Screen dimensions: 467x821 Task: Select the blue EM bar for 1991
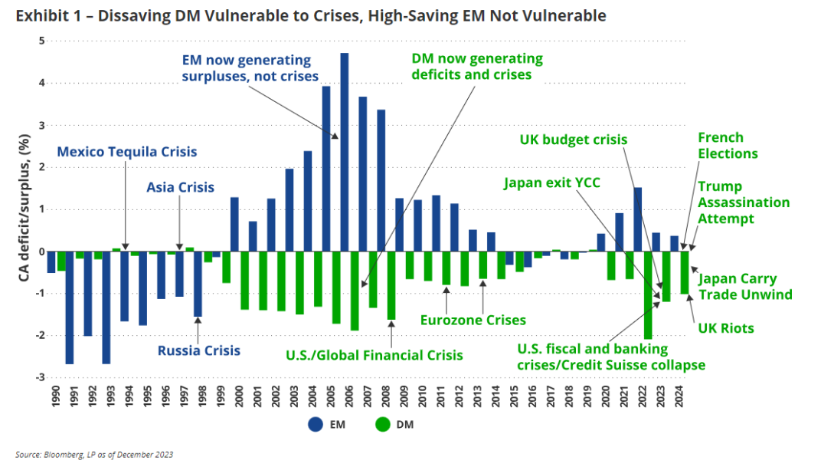point(70,307)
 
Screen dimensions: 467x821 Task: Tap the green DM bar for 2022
point(648,295)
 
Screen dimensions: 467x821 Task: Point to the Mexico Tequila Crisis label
point(126,152)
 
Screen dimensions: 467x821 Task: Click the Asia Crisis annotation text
point(181,187)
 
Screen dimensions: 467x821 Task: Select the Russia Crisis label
point(199,351)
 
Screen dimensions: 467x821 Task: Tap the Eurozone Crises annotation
point(473,320)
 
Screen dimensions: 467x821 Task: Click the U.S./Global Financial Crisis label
point(375,355)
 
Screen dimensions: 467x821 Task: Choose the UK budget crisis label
point(574,140)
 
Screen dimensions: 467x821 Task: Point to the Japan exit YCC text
point(552,183)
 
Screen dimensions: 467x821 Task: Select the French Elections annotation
point(728,146)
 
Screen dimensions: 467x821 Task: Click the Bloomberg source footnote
point(94,455)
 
